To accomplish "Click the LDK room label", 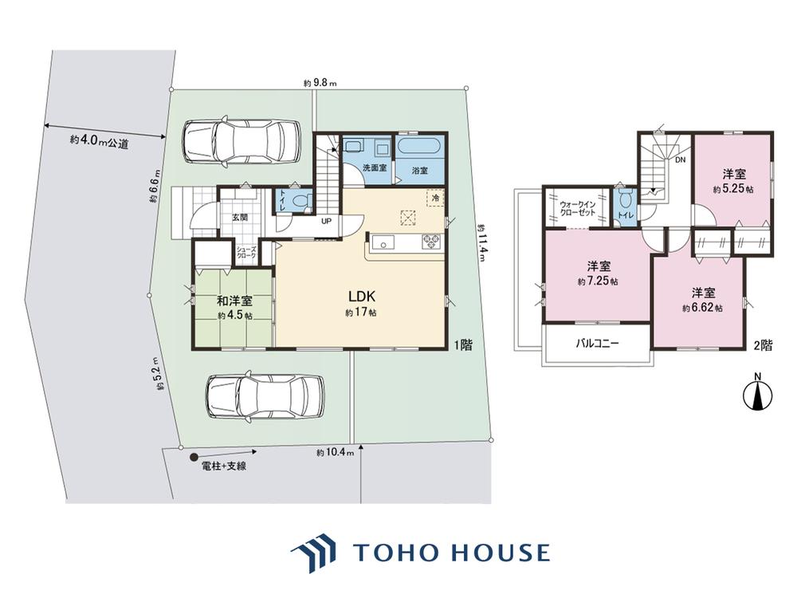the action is pos(361,296).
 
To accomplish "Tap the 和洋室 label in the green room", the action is pos(235,301).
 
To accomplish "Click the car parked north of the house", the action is pos(241,142).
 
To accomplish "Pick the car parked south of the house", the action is pos(265,396).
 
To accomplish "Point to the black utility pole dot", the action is pos(194,457).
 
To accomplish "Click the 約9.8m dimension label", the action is pos(320,83).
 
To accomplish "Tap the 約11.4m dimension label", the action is pos(481,243).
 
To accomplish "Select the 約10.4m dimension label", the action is pos(335,452).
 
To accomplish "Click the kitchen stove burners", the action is pos(431,241).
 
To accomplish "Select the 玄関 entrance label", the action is pos(240,217).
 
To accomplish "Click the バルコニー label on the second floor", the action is pos(597,343).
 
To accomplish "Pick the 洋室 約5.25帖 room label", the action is pos(734,181).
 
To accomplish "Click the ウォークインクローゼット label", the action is pos(578,208).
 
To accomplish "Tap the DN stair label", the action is pos(680,159).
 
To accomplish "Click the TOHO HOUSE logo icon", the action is pos(313,553).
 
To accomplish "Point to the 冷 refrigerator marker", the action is pos(435,198).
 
